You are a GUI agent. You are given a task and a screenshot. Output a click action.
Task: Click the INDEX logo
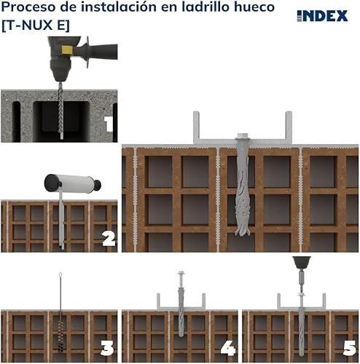[x=322, y=16]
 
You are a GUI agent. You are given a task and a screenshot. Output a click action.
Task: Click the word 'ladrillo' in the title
[x=206, y=7]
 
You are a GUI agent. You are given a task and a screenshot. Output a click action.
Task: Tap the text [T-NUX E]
[x=36, y=25]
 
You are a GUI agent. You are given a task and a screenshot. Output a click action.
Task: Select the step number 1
[x=109, y=124]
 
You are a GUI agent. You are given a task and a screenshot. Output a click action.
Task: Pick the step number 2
[x=109, y=238]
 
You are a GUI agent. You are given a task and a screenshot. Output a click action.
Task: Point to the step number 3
[x=107, y=348]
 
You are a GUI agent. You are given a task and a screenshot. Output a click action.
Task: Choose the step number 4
[x=228, y=348]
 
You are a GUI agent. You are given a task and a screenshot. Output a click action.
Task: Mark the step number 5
[x=350, y=348]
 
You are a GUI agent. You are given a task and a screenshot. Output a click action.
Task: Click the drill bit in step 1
[x=60, y=111]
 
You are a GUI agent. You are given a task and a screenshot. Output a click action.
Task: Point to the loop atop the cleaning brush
[x=60, y=276]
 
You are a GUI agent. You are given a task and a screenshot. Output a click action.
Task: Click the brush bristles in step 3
[x=60, y=336]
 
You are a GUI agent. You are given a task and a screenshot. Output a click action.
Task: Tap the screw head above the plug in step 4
[x=181, y=273]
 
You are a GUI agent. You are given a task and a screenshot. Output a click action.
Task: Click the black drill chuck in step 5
[x=302, y=262]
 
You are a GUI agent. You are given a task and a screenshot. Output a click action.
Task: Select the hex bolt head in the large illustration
[x=243, y=135]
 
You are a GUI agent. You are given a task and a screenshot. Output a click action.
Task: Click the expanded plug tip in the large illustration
[x=243, y=231]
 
